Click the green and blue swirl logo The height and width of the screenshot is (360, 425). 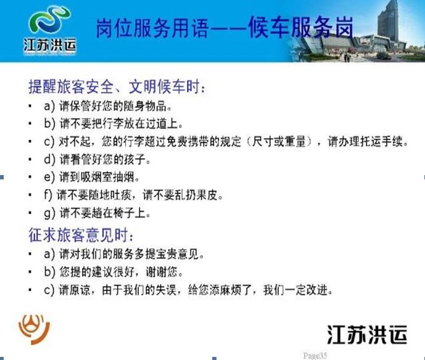click(49, 22)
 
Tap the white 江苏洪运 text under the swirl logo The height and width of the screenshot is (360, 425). click(50, 45)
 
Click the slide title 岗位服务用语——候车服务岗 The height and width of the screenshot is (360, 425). click(225, 27)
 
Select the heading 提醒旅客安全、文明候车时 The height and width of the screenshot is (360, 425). click(117, 87)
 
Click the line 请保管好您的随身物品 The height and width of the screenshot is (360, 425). click(116, 106)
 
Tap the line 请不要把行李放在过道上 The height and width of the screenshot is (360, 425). click(121, 123)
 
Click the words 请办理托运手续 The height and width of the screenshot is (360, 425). click(368, 141)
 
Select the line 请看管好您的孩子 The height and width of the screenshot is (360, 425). click(105, 159)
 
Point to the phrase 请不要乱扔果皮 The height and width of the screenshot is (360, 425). click(183, 195)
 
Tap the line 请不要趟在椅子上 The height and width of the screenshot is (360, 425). click(105, 213)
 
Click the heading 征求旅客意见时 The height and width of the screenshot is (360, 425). click(81, 235)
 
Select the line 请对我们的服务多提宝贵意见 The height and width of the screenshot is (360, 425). click(132, 254)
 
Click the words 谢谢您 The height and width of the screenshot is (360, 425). click(165, 272)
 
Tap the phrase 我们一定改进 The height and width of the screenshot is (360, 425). click(298, 290)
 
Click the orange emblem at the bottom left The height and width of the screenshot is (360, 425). click(34, 329)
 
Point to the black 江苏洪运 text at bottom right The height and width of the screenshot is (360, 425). click(367, 334)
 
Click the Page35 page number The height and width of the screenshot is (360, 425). click(315, 356)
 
